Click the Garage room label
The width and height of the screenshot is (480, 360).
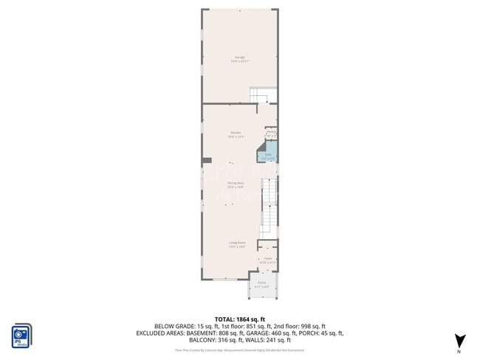pyautogui.click(x=240, y=57)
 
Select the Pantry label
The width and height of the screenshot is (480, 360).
pyautogui.click(x=271, y=132)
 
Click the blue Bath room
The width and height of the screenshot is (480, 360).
pyautogui.click(x=268, y=155)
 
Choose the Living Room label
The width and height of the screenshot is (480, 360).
pyautogui.click(x=236, y=243)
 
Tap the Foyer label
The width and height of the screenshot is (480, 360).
pyautogui.click(x=268, y=259)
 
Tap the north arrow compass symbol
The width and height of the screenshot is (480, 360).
pyautogui.click(x=459, y=340)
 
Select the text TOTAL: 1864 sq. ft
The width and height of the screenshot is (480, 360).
pyautogui.click(x=240, y=317)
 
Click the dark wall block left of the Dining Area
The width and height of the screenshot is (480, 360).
pyautogui.click(x=207, y=159)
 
